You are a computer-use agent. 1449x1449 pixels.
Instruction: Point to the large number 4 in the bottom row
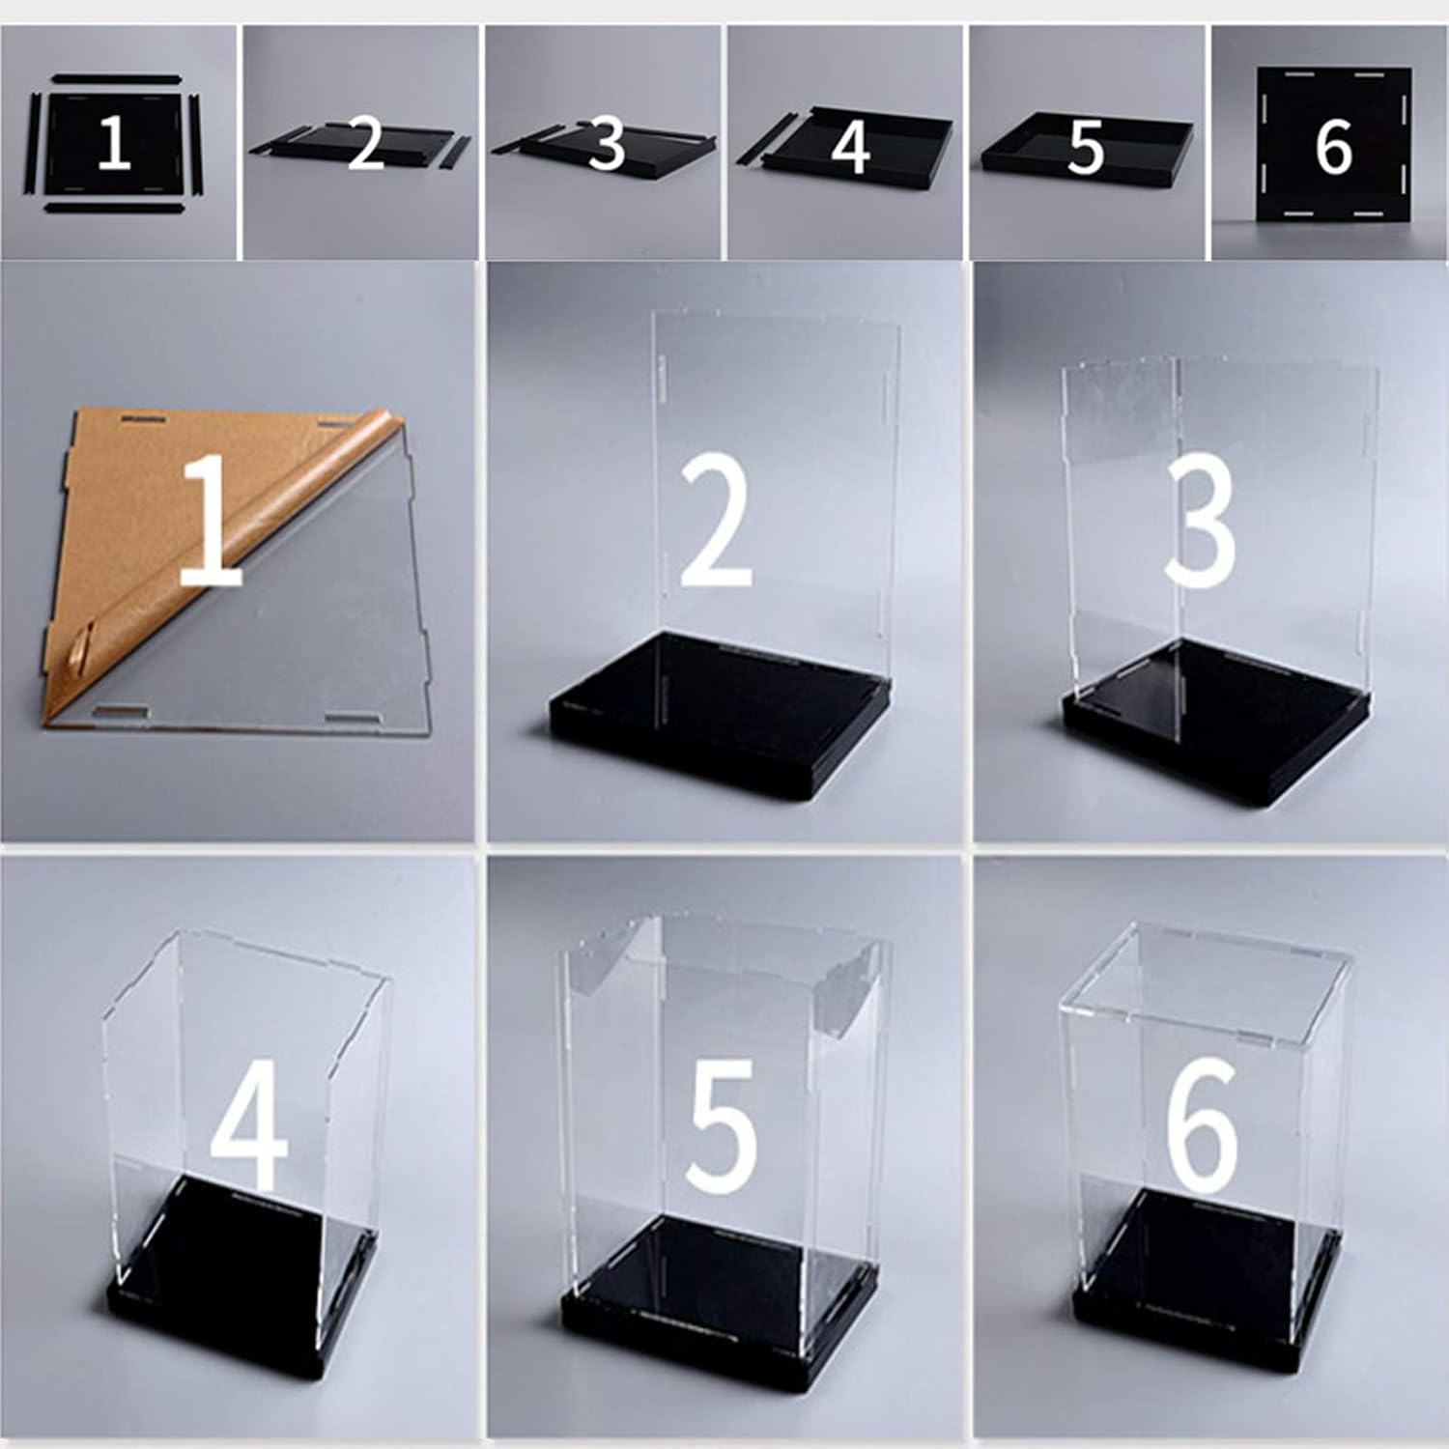point(249,1125)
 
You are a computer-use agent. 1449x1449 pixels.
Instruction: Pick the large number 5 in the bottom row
point(720,1125)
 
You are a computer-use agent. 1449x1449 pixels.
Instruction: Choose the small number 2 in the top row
point(366,145)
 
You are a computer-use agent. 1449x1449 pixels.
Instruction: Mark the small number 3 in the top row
point(607,145)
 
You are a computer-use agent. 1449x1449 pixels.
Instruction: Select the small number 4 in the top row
point(850,147)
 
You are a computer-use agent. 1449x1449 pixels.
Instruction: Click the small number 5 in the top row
point(1086,147)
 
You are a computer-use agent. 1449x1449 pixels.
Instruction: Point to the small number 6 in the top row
point(1334,147)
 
